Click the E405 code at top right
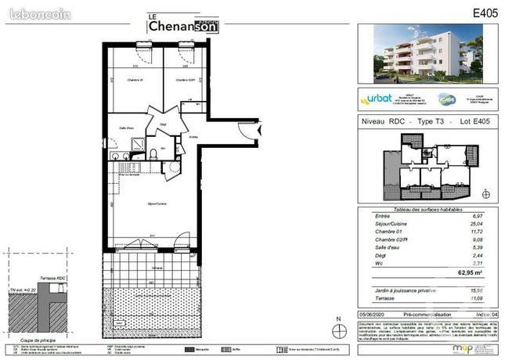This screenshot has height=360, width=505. pos(486,13)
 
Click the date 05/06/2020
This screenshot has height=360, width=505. pos(373,313)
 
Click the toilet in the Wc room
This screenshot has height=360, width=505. pos(153,153)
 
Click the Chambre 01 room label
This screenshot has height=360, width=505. pos(135,80)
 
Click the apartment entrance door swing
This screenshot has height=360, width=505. pos(247,131)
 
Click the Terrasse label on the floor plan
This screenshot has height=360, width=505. pos(157,268)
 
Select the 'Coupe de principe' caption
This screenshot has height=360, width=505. pos(38,339)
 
